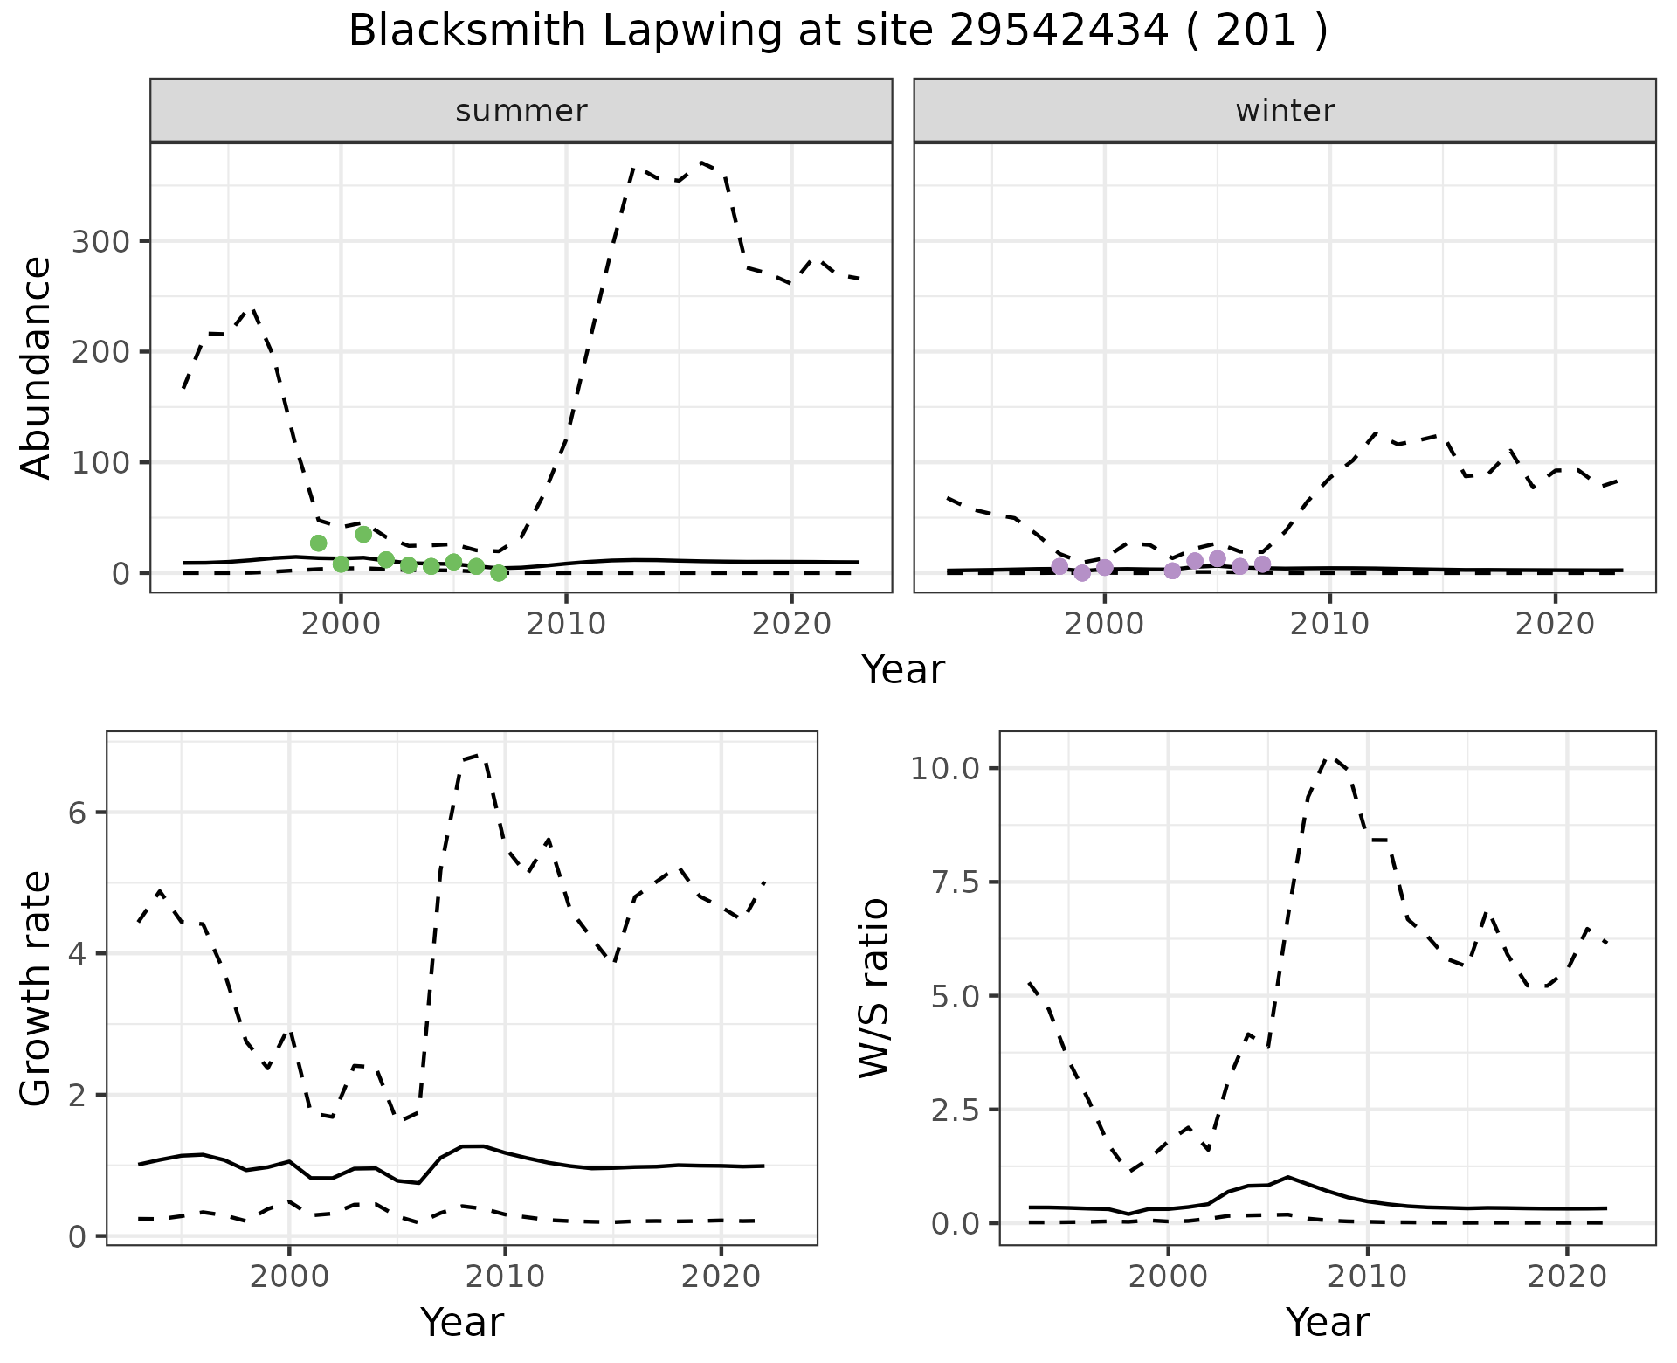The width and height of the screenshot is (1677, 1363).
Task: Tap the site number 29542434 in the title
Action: pyautogui.click(x=1059, y=31)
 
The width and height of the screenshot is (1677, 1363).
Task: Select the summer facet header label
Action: pyautogui.click(x=521, y=111)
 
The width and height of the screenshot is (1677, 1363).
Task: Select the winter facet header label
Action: pyautogui.click(x=1285, y=111)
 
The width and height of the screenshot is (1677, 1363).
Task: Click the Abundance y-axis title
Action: pyautogui.click(x=36, y=367)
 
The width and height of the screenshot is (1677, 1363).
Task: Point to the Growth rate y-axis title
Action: pyautogui.click(x=36, y=988)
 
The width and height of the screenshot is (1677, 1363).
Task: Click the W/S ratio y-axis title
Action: pyautogui.click(x=873, y=988)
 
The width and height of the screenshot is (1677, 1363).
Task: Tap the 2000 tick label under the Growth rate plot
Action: pyautogui.click(x=288, y=1277)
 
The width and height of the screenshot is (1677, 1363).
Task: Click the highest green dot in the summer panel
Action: pyautogui.click(x=363, y=534)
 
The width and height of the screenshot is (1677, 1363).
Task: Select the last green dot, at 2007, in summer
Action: pyautogui.click(x=499, y=573)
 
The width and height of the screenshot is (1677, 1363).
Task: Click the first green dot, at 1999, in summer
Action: pyautogui.click(x=318, y=543)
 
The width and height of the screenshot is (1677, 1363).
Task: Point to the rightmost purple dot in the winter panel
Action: pyautogui.click(x=1262, y=564)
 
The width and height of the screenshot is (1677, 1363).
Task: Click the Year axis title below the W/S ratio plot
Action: pyautogui.click(x=1327, y=1322)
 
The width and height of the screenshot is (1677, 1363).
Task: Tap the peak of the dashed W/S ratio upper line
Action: pyautogui.click(x=1329, y=757)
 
